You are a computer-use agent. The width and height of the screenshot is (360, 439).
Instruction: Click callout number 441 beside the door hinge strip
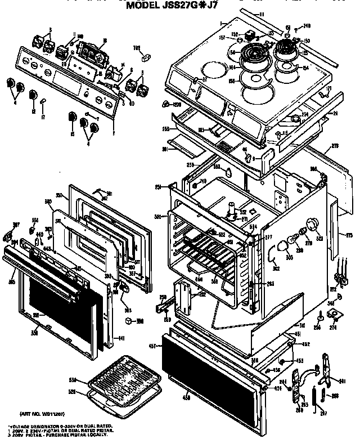120,338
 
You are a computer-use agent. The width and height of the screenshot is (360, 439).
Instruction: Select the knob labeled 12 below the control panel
34,95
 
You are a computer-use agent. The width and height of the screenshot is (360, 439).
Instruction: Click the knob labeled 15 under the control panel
72,119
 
